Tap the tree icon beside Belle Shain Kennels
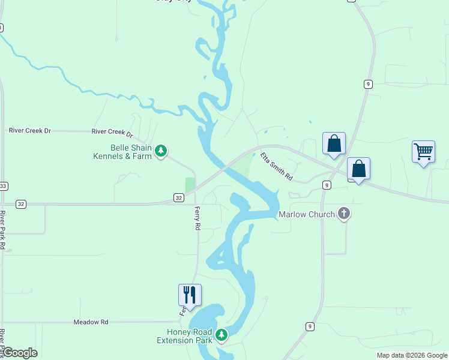[x=160, y=151]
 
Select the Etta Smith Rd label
[x=276, y=167]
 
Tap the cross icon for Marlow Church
[x=344, y=214]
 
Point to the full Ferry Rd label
[x=196, y=218]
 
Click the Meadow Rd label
[x=91, y=322]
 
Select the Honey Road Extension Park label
[x=185, y=336]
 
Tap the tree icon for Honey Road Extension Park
[x=221, y=334]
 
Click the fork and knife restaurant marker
[x=190, y=295]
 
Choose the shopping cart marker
[x=423, y=152]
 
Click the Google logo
[x=20, y=353]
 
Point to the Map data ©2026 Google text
[x=412, y=355]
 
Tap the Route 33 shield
[x=3, y=185]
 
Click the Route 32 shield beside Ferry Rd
[x=178, y=197]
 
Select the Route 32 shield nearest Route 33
[x=21, y=204]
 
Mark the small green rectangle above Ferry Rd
[x=190, y=184]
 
